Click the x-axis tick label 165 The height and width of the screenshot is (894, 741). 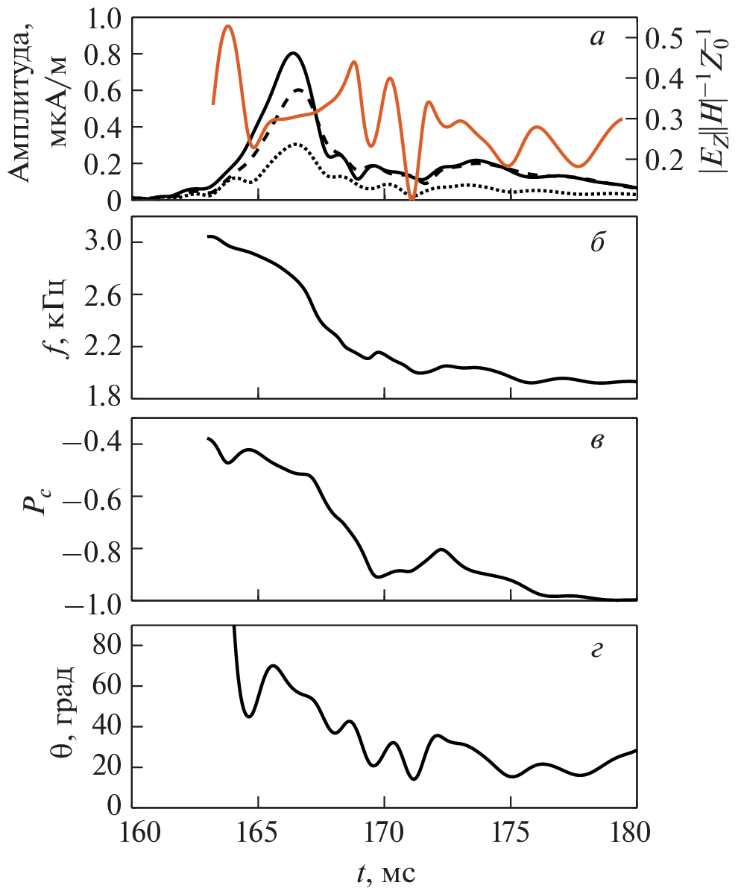pos(258,833)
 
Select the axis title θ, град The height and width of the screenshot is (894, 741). pos(63,716)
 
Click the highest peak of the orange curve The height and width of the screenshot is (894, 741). pos(228,26)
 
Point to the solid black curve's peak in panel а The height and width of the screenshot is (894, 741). pos(294,53)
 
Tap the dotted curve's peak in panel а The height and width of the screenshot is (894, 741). pos(295,144)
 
